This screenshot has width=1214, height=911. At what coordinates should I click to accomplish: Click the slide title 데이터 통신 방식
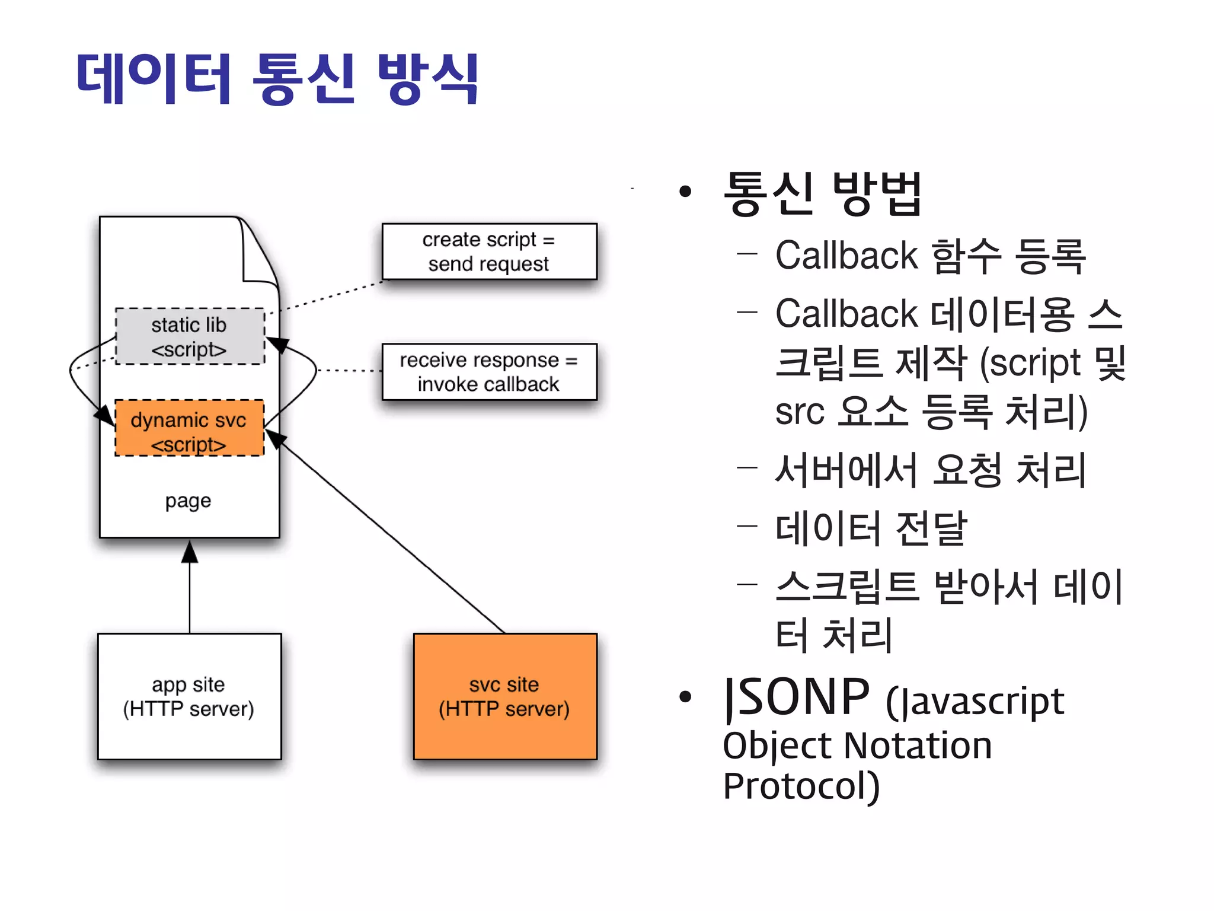coord(277,78)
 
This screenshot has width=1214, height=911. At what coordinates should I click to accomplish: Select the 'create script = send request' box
coord(489,251)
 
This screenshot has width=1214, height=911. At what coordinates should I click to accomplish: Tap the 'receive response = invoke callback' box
coord(489,372)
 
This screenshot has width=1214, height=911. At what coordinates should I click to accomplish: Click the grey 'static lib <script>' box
coord(190,336)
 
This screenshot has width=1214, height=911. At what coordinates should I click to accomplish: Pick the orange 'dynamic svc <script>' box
coord(189,428)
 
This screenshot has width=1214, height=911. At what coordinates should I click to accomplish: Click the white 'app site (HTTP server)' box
coord(189,696)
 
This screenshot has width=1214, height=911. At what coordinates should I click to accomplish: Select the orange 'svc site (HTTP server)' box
coord(505,696)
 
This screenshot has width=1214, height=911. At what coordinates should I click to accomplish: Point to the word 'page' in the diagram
coord(189,501)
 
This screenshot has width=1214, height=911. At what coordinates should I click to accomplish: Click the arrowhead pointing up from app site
coord(190,552)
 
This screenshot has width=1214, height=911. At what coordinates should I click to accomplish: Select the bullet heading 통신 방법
coord(823,193)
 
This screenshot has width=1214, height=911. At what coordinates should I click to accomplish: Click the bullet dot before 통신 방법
coord(686,192)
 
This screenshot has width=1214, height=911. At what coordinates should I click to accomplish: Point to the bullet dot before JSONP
coord(686,697)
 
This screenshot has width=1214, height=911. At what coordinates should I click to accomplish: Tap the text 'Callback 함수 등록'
coord(931,256)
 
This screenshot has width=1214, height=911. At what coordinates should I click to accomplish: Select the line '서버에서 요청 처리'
coord(931,470)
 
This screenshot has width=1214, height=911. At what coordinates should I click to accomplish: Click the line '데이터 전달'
coord(871,528)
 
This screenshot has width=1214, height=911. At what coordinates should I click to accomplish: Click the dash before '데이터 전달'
coord(747,525)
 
